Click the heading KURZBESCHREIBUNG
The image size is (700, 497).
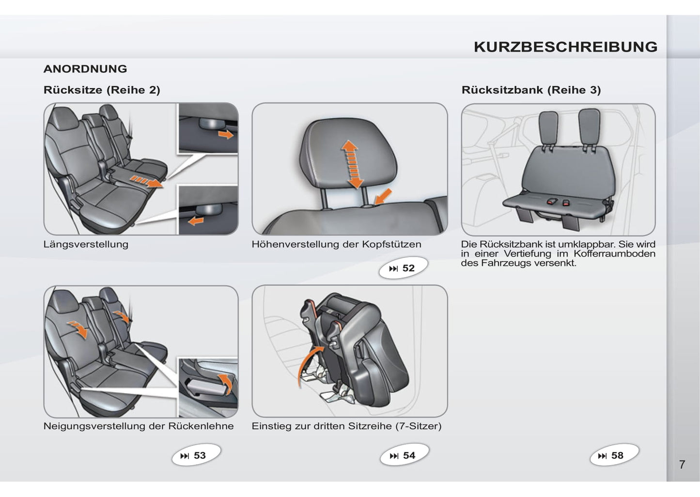tap(566, 47)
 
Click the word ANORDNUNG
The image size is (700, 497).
tap(85, 69)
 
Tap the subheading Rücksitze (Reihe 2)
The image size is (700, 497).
tap(102, 90)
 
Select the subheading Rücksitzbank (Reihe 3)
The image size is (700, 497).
tap(531, 90)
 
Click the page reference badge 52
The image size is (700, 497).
tap(403, 268)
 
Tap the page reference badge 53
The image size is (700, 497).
tap(196, 455)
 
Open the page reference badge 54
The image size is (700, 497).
tap(404, 455)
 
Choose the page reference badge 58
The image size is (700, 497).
tap(614, 455)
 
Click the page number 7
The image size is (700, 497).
tap(682, 465)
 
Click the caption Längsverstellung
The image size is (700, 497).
tap(86, 244)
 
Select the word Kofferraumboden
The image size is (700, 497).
tap(614, 253)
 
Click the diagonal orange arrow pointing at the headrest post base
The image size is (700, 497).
tap(383, 197)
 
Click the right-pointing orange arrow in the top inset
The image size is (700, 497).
tap(226, 134)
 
